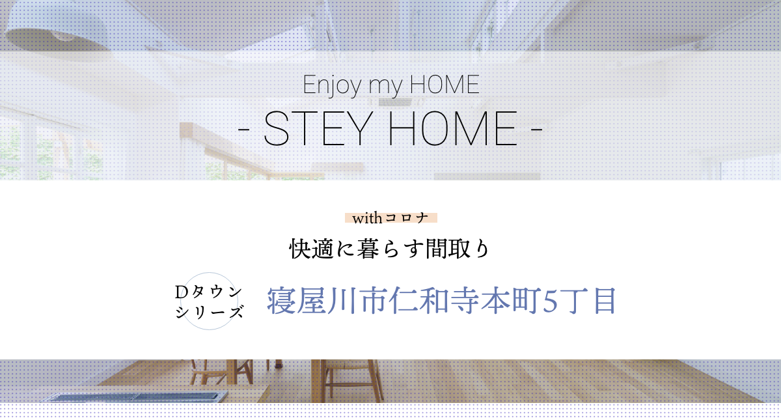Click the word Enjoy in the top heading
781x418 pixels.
332,85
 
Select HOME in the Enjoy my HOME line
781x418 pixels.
445,84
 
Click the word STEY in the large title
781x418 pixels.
316,129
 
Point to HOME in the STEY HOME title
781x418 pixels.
452,129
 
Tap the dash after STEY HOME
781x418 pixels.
536,130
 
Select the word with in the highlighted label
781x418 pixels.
367,218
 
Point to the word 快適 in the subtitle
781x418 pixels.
312,249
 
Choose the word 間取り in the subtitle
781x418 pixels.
458,249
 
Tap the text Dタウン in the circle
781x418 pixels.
208,292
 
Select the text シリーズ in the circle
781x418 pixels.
209,312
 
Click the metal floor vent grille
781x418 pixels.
135,397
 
